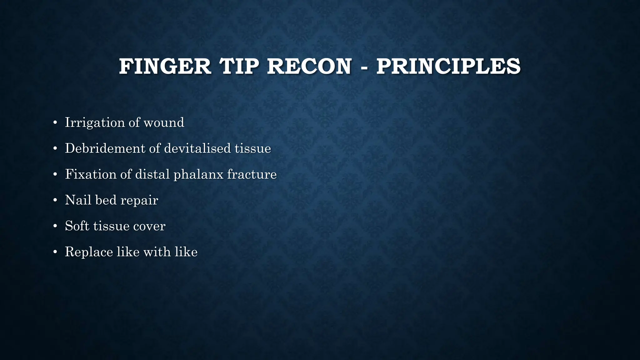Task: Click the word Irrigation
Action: pyautogui.click(x=95, y=122)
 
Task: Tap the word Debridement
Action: pyautogui.click(x=105, y=148)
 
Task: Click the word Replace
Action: pyautogui.click(x=89, y=252)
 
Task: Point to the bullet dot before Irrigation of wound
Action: pyautogui.click(x=55, y=123)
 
